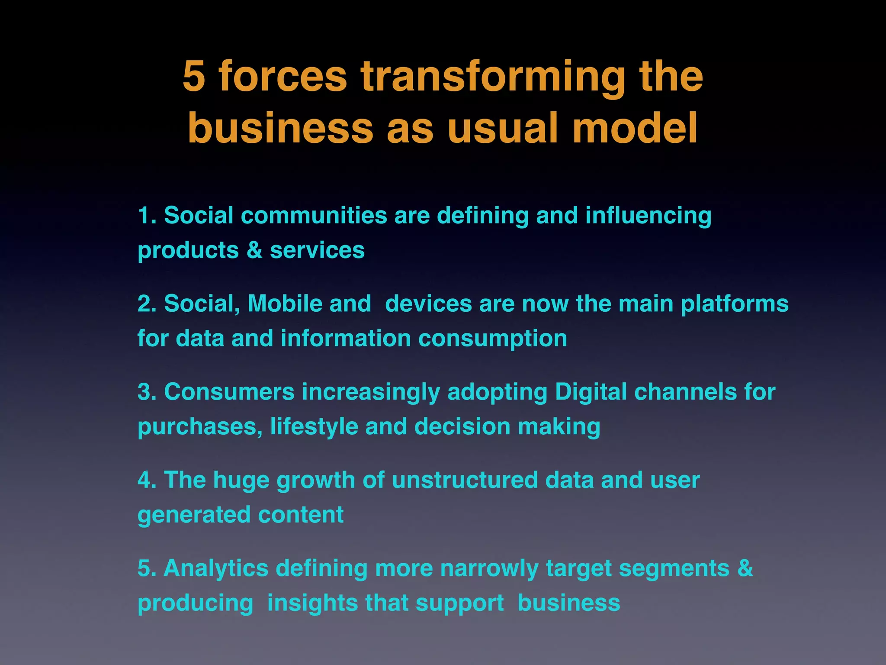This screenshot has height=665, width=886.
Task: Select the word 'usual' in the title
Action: (x=504, y=129)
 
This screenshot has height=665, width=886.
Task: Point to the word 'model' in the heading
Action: (x=635, y=129)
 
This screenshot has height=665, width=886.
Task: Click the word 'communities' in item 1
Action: (x=314, y=216)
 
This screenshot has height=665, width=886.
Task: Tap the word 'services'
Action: (x=317, y=250)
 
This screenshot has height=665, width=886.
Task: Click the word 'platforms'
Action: (x=735, y=303)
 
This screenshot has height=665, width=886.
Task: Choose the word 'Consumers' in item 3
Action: (x=229, y=392)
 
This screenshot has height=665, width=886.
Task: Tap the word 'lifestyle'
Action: (x=314, y=426)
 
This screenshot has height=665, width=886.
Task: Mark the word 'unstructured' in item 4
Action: (x=465, y=480)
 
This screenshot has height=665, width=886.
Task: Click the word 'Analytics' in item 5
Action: (x=216, y=568)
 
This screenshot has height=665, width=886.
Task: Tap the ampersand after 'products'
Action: (x=254, y=250)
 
